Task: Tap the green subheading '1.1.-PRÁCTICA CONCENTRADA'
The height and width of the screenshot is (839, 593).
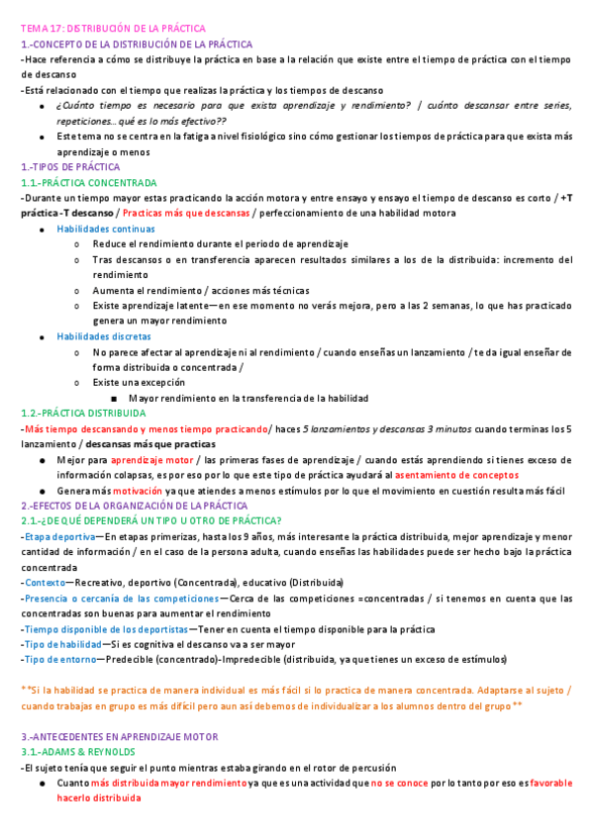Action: tap(89, 183)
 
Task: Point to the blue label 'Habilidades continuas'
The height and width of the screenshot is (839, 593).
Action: tap(106, 229)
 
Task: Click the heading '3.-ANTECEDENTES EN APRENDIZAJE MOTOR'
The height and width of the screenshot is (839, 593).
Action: tap(119, 736)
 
